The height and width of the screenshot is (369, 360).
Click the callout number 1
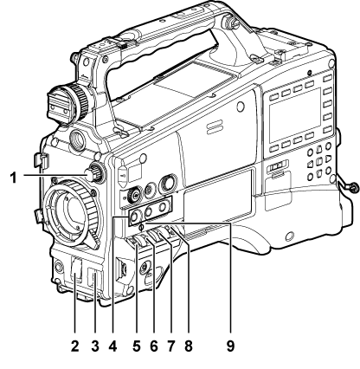[13, 178]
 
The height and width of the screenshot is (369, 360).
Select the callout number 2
[74, 346]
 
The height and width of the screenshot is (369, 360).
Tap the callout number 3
[95, 346]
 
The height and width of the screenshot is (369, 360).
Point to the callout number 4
[112, 346]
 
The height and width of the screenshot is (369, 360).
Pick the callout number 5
[137, 346]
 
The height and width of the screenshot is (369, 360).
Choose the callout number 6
[154, 346]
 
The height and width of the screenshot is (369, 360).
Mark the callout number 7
[171, 346]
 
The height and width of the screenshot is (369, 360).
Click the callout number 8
[189, 346]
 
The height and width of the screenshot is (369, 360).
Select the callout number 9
[230, 346]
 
